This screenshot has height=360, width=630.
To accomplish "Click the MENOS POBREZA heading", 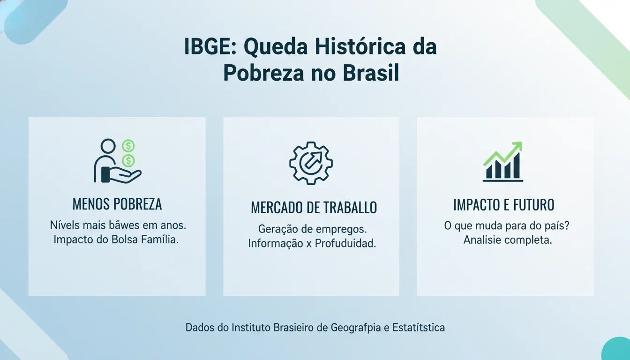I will click(117, 204).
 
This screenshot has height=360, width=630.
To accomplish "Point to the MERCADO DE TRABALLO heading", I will click(314, 208).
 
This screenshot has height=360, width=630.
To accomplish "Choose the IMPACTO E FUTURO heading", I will click(504, 205).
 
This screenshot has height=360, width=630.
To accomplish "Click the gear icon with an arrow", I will click(311, 162).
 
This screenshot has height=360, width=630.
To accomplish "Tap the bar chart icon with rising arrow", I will click(503, 162).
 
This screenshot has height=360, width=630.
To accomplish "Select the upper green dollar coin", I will click(128, 146).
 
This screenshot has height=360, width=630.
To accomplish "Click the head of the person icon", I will click(108, 146).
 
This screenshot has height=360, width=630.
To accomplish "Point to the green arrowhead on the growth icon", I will click(517, 146).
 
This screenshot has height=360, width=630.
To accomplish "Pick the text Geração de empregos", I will click(313, 230).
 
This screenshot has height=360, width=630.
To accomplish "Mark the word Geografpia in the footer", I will click(356, 327).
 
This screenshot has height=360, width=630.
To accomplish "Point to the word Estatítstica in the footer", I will click(418, 327).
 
